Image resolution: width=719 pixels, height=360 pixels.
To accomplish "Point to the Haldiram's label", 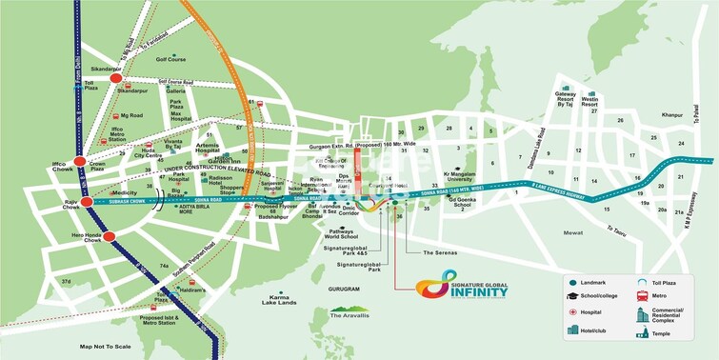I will point(195,292).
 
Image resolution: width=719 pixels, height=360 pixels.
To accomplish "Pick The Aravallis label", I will point(350,313).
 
